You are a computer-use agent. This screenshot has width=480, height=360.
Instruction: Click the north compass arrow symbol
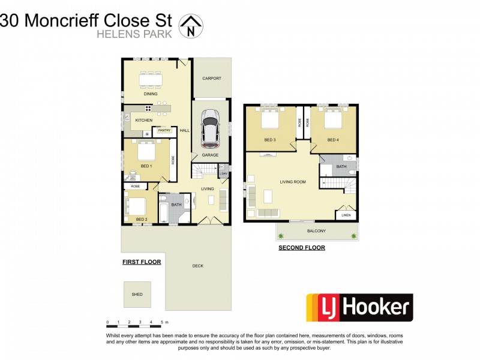pos(192,26)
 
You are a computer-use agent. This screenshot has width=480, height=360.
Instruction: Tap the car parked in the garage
pos(210,128)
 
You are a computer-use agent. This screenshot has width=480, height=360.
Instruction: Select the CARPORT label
pos(212,79)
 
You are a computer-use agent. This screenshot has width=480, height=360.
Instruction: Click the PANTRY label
pos(165,130)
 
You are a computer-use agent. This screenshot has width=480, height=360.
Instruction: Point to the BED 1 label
pos(146,166)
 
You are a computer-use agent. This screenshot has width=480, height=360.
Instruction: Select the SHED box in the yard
pos(137,295)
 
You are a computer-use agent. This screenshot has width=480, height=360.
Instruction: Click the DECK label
pos(197,266)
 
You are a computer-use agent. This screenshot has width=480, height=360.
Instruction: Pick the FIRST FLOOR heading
pos(142,262)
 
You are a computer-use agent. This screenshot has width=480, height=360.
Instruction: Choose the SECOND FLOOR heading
pos(302,247)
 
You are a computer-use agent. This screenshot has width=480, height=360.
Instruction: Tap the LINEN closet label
pos(346,215)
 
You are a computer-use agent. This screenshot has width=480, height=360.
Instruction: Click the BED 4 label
pos(333,140)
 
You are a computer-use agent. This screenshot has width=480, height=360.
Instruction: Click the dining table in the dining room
pos(151,80)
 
